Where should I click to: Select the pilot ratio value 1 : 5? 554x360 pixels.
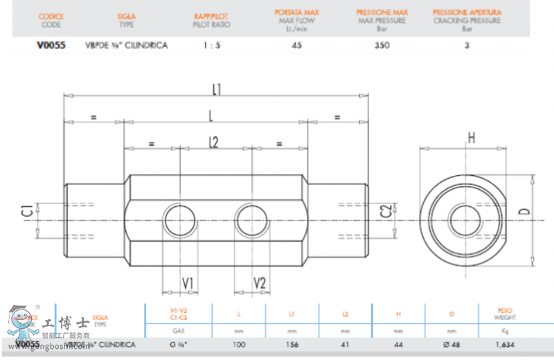click(x=212, y=46)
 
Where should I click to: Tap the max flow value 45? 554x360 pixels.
click(x=296, y=46)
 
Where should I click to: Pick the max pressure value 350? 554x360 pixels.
click(x=382, y=46)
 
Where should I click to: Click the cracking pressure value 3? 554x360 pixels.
click(x=467, y=46)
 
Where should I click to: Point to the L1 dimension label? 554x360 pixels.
click(x=216, y=89)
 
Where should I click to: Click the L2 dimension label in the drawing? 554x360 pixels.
click(x=213, y=142)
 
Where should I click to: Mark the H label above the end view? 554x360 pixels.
click(x=471, y=138)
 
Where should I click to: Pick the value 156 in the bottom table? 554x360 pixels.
click(x=292, y=344)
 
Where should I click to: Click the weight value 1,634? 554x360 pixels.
click(x=505, y=344)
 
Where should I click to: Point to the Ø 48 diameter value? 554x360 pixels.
click(x=452, y=344)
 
